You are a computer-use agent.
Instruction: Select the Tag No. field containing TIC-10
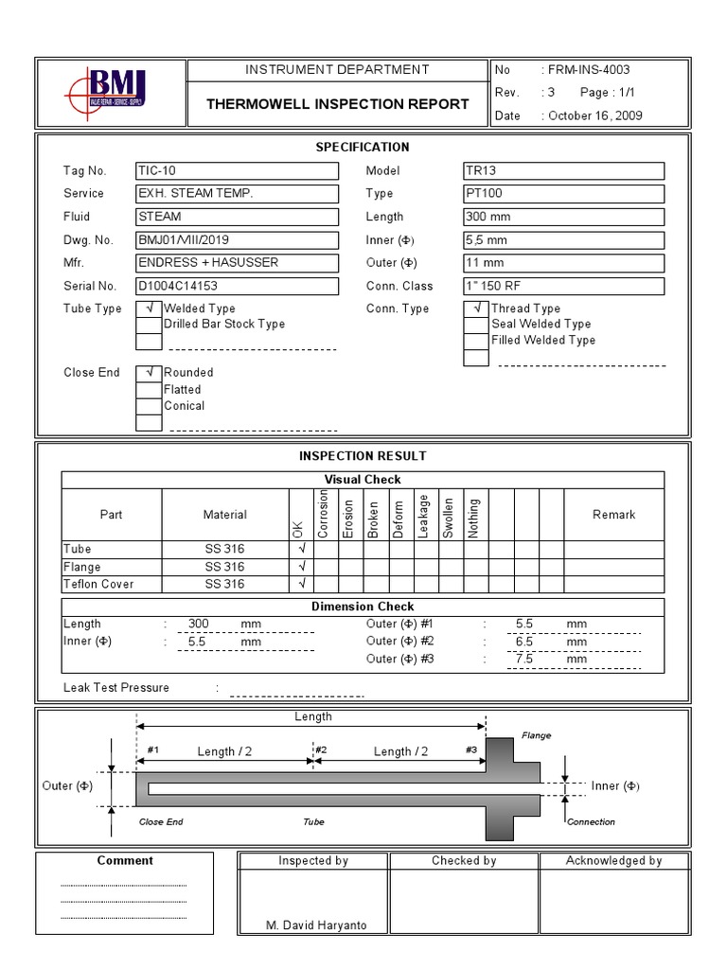pos(237,171)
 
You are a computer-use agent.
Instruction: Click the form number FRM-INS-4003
pos(587,70)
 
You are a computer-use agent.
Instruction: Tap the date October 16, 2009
pos(594,115)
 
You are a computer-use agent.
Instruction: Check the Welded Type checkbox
pos(149,308)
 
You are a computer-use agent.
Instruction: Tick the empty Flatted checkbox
pos(149,389)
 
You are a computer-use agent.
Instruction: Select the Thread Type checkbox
pos(476,308)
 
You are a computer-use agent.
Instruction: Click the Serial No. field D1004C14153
pos(237,286)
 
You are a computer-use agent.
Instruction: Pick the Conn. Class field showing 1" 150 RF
pos(563,286)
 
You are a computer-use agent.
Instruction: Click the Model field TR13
pos(563,171)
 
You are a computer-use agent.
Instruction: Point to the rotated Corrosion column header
pos(325,514)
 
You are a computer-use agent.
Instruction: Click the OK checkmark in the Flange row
pos(302,567)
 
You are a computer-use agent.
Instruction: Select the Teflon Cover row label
pos(98,584)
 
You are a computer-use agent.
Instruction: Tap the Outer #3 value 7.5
pos(524,659)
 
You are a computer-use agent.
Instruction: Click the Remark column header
pos(613,515)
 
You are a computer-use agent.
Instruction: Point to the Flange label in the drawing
pos(536,735)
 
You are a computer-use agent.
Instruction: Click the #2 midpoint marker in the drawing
pos(321,750)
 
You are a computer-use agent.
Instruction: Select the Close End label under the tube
pos(161,821)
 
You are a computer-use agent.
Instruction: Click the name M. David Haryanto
pos(315,925)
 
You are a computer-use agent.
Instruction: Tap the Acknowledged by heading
pos(613,860)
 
